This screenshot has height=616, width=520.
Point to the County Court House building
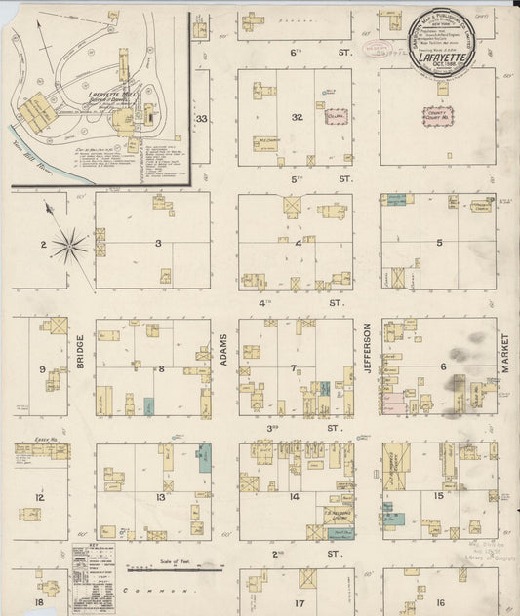[438, 117]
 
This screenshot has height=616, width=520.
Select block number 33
[201, 119]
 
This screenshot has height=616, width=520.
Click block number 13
[159, 496]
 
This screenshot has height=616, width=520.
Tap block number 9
[42, 369]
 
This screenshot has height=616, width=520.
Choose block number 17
[300, 602]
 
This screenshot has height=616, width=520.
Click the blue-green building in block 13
[205, 458]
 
